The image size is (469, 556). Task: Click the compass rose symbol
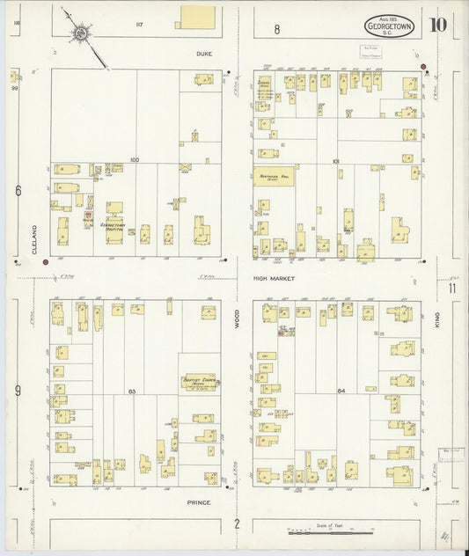pos(81,33)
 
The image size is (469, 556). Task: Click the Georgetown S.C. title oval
pos(386,26)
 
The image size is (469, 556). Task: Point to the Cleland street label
pos(35,238)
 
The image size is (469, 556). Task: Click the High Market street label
pos(273,278)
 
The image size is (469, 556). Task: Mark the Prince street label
pos(200,501)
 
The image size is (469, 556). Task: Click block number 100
pos(135,160)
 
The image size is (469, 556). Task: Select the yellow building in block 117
pos(196,18)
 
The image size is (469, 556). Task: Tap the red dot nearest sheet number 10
pos(423,67)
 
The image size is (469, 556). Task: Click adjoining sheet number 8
pos(276,29)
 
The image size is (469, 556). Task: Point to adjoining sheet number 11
pos(451,288)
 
